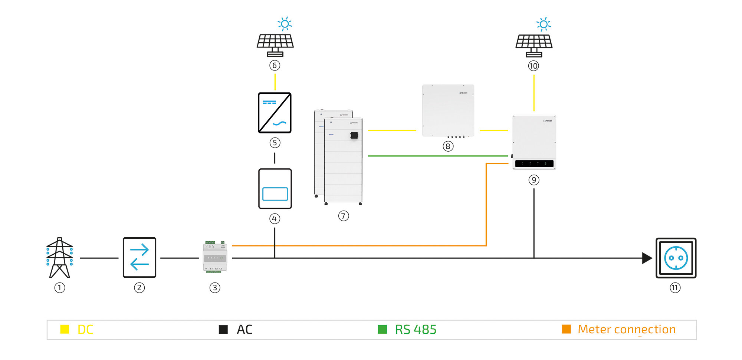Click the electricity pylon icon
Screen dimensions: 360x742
coord(59,258)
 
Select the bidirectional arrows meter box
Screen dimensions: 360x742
coord(139,258)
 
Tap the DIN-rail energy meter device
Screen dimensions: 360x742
coord(215,257)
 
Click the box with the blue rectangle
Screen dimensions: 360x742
coord(275,189)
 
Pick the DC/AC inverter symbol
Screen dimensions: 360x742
coord(275,113)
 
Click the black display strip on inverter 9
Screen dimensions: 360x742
coord(534,164)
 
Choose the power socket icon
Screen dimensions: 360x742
coord(676,258)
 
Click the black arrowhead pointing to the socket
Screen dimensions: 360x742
coord(647,258)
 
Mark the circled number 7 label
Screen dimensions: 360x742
coord(344,216)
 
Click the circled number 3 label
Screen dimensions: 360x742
coord(215,288)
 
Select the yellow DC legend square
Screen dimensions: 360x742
coord(65,329)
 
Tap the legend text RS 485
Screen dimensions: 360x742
coord(416,330)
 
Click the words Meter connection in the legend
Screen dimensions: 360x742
coord(627,329)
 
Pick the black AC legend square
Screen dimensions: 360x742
coord(223,329)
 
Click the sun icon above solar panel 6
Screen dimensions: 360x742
coord(285,24)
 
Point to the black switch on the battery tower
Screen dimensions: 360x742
coord(354,135)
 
